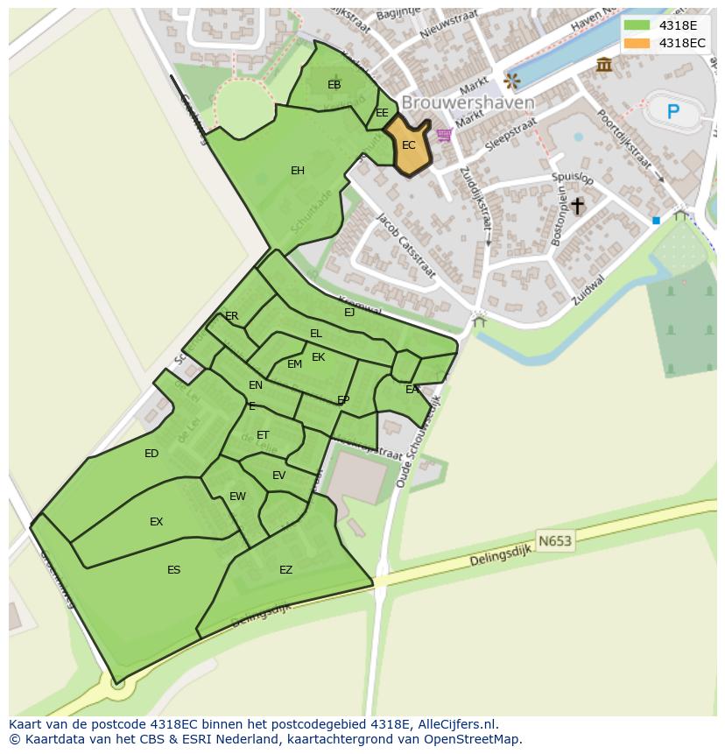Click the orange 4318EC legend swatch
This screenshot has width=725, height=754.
point(637,43)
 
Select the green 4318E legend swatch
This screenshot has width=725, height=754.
point(637,25)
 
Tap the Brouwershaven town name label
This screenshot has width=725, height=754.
point(468,102)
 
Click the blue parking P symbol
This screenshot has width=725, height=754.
point(672,111)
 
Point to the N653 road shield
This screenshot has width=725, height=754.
point(554,540)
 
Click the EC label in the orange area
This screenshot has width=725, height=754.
point(409,145)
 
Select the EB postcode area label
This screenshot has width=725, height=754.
point(334,85)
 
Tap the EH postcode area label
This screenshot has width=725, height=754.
point(298,171)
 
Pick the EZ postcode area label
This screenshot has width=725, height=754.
point(285,570)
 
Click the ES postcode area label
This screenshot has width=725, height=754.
point(173,570)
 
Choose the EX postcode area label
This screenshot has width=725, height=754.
point(156,522)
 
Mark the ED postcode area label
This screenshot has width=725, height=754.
point(151,454)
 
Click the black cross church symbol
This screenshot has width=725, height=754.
point(577,206)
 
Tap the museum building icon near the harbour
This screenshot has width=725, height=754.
point(603,64)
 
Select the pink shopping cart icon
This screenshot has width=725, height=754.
point(444,135)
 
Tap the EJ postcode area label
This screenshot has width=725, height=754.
point(349,312)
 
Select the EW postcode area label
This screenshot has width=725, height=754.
point(237,497)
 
